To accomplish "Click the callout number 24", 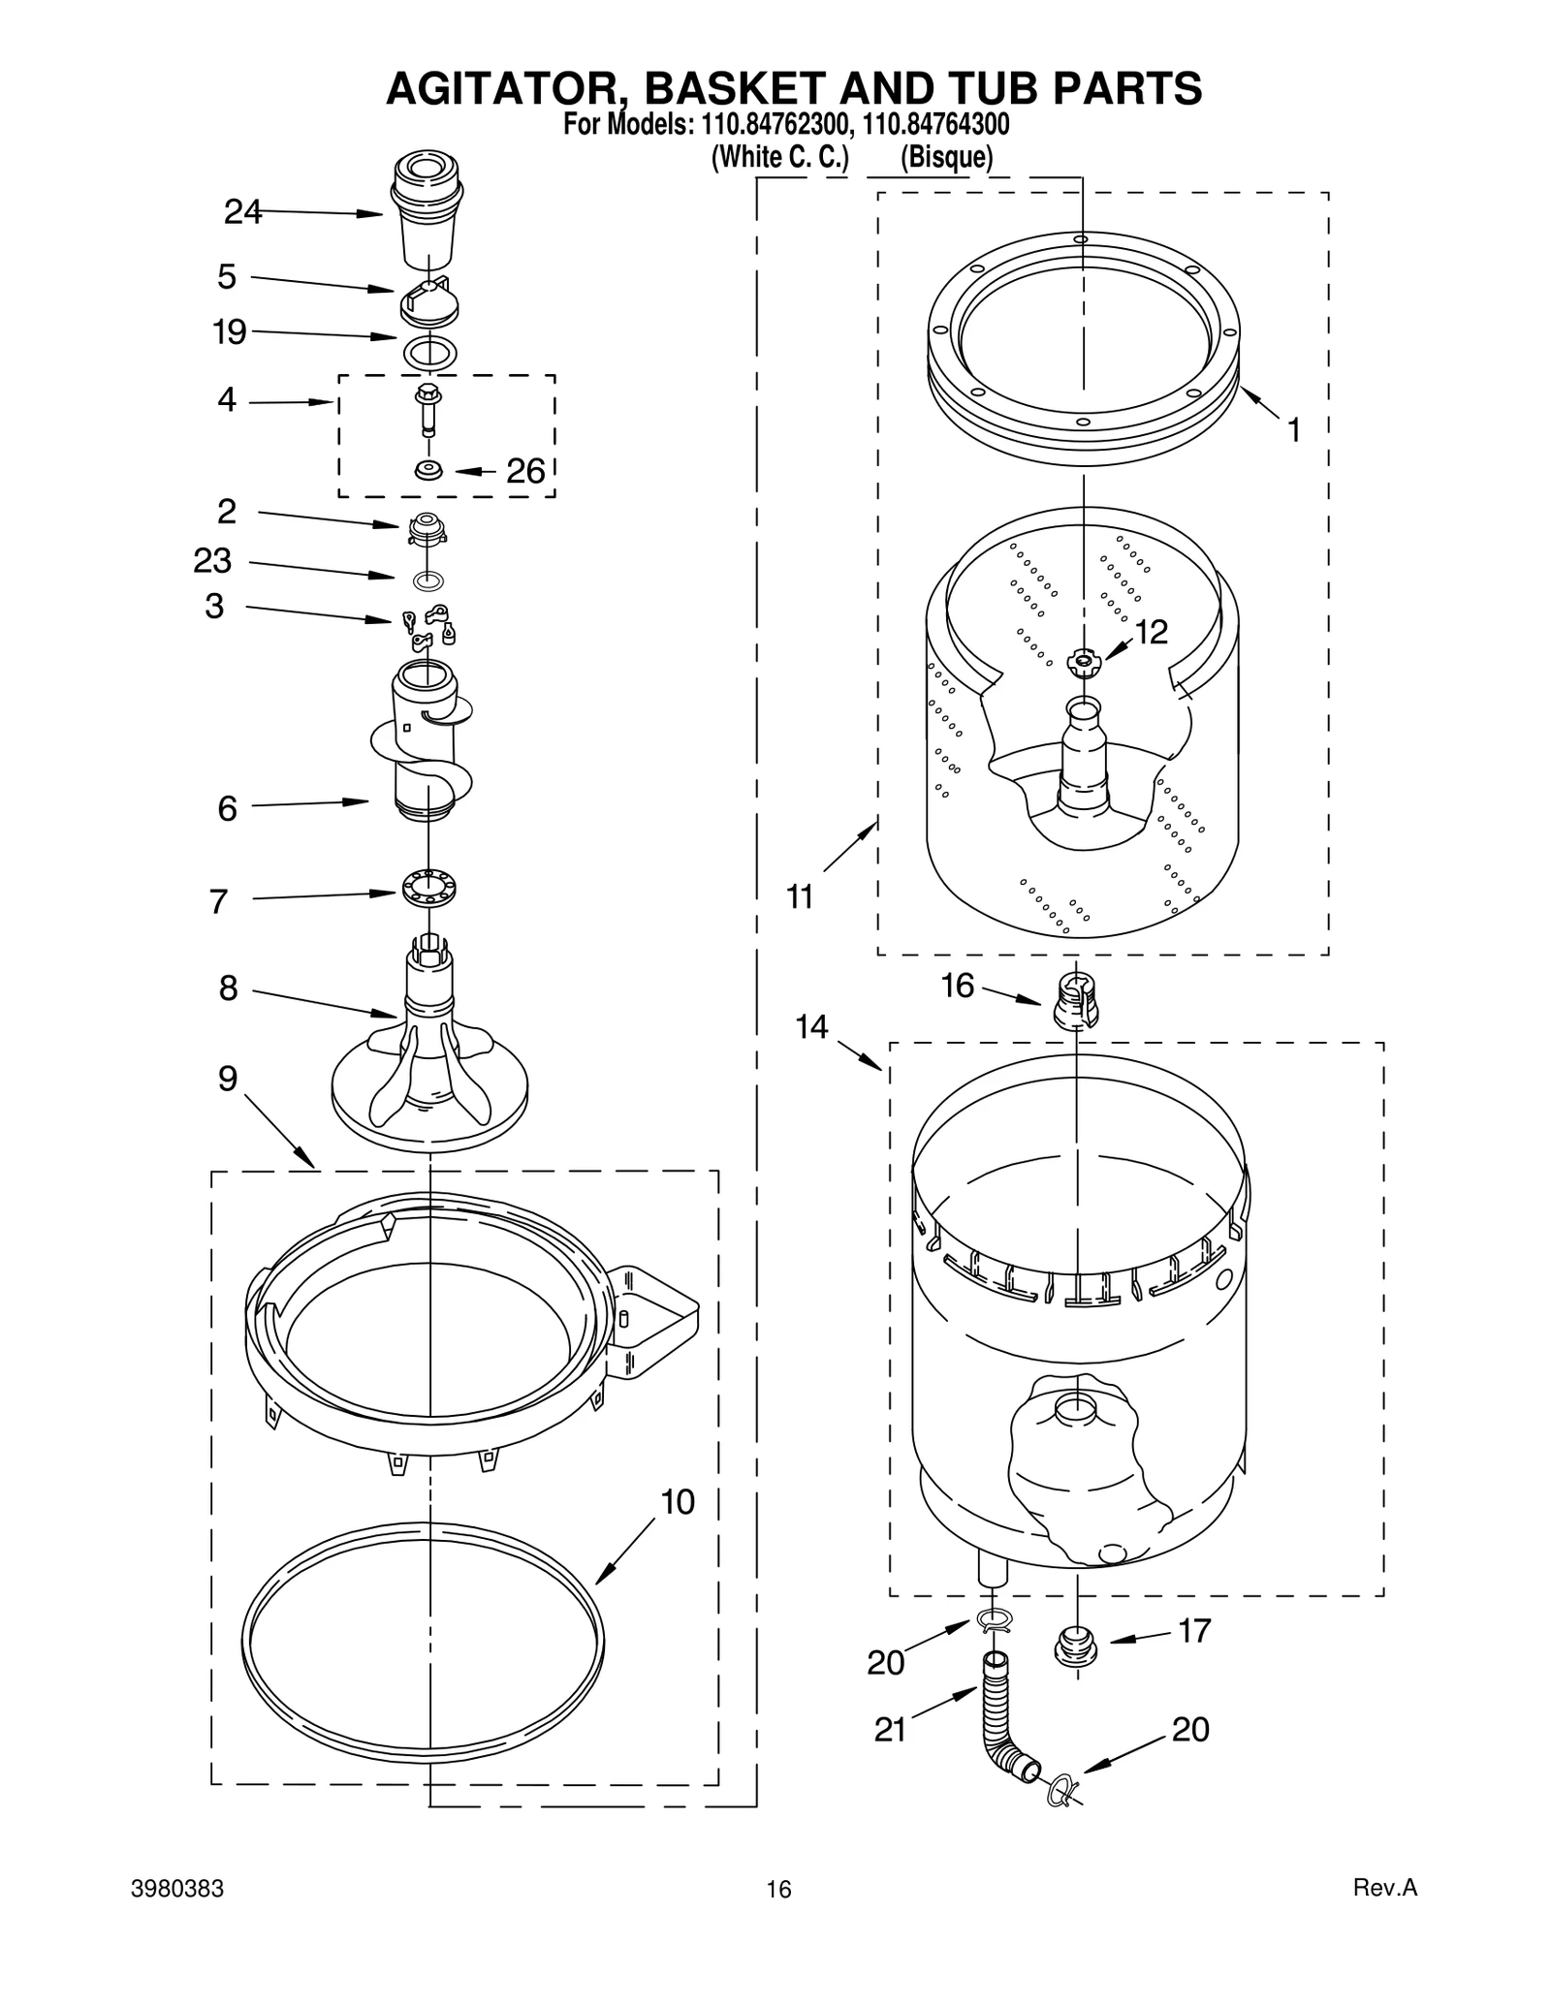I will [x=242, y=211].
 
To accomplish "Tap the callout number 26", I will [x=525, y=472].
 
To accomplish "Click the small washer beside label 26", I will [x=427, y=470].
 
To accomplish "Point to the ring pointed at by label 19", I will [x=428, y=352].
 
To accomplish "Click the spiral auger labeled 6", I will [x=424, y=741].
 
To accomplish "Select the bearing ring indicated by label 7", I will [x=428, y=888].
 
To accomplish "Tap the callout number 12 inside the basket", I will [x=1151, y=632].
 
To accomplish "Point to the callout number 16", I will [x=958, y=986].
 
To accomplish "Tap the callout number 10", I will [x=678, y=1502].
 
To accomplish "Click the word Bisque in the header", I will [x=946, y=157].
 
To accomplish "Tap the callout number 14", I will [x=812, y=1026].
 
